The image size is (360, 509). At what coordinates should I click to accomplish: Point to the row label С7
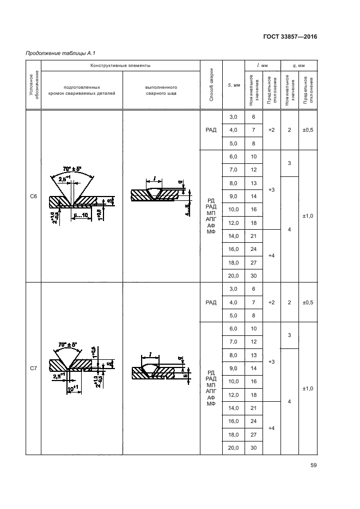click(x=33, y=369)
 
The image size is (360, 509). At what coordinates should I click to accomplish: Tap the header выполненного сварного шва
click(x=162, y=90)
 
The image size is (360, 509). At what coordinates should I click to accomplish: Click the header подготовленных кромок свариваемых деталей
click(x=82, y=90)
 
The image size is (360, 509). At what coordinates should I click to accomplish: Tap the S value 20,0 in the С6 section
click(x=233, y=275)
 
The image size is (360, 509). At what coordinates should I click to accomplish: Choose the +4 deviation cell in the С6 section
click(x=271, y=255)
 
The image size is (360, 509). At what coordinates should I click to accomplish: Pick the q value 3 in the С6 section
click(x=290, y=163)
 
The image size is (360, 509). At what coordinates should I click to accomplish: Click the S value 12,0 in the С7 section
click(x=233, y=395)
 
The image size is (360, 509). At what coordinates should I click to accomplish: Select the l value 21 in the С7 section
click(x=253, y=408)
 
